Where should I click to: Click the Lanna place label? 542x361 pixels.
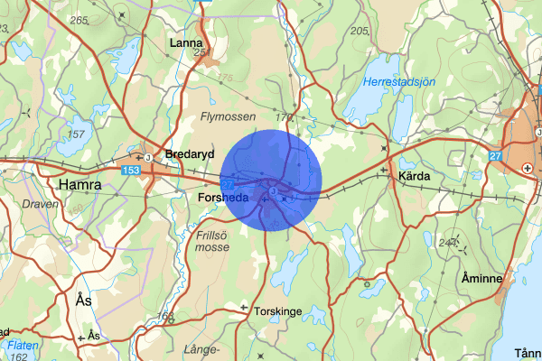click(187, 42)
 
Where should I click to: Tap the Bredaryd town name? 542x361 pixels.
click(188, 154)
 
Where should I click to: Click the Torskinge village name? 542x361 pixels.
click(278, 310)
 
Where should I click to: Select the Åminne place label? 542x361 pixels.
click(481, 278)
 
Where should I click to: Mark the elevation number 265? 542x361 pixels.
click(79, 20)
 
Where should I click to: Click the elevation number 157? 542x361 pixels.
click(76, 134)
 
